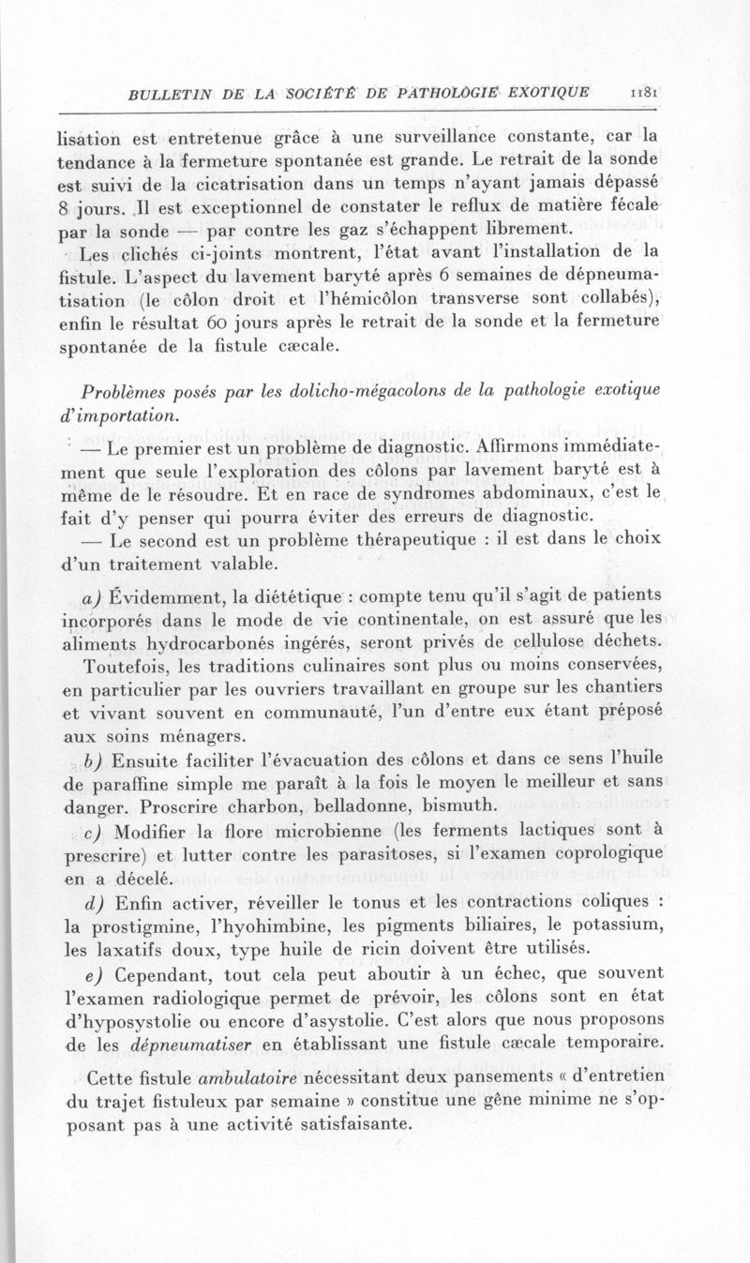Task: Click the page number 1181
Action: pyautogui.click(x=643, y=92)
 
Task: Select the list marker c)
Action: pyautogui.click(x=91, y=829)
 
